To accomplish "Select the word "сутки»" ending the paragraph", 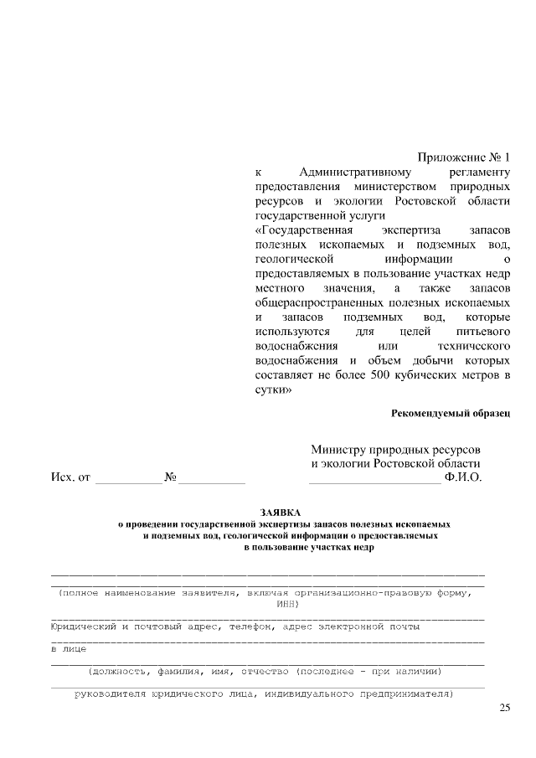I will coord(273,390).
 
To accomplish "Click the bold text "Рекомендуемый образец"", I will coord(451,414).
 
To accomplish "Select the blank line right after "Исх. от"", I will coord(129,480).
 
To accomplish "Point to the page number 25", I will coord(504,709).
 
